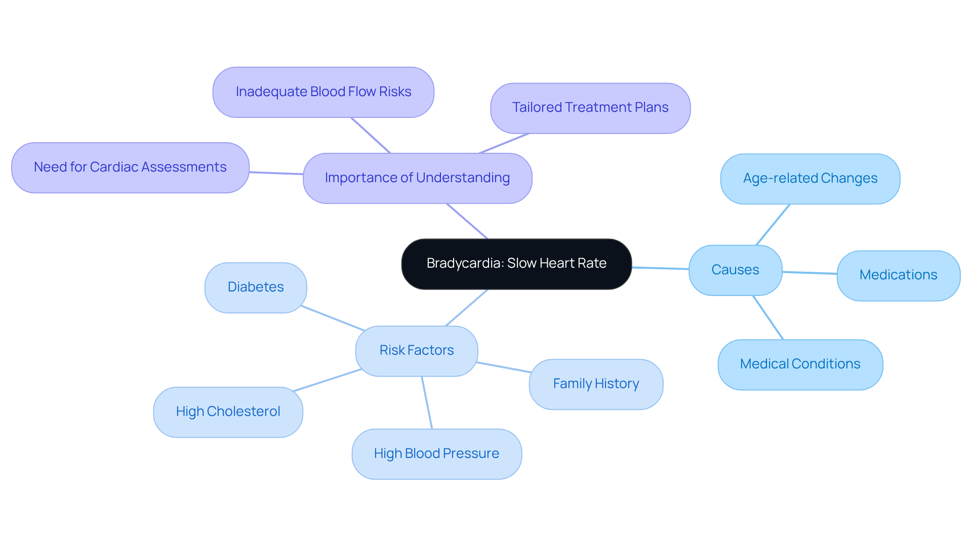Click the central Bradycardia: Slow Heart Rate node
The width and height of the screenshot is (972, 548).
tap(516, 264)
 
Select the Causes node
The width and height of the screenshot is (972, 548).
tap(735, 270)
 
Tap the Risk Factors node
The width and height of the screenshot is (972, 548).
tap(416, 351)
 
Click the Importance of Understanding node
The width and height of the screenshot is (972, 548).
tap(417, 178)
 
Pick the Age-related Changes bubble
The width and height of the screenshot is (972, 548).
tap(809, 179)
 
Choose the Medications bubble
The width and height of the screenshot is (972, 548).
tap(898, 275)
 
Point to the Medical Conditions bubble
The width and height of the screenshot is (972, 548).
tap(800, 364)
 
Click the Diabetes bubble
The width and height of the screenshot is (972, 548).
tap(256, 287)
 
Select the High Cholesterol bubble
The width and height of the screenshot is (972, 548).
tap(228, 412)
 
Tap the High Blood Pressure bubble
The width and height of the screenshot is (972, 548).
tap(436, 454)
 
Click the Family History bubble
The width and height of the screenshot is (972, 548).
tap(596, 384)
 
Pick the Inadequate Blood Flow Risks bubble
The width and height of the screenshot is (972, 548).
tap(323, 92)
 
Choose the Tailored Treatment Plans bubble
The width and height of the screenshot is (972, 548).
tap(590, 108)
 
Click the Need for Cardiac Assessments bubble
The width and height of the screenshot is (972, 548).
tap(130, 167)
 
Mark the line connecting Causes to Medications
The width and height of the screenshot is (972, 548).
tap(809, 273)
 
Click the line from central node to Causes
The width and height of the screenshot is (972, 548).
tap(660, 268)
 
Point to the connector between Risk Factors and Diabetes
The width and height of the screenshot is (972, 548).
tap(333, 318)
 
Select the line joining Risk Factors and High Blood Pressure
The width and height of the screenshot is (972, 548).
tap(427, 403)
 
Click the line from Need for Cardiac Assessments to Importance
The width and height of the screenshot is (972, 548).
tap(276, 173)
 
